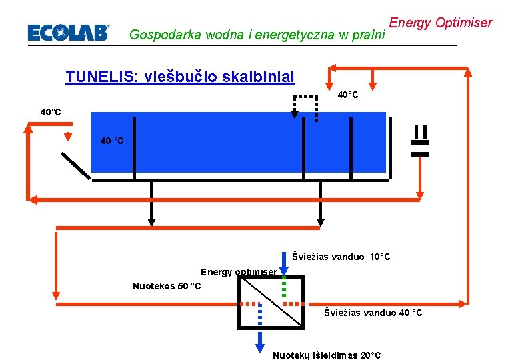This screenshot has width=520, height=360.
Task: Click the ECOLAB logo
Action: point(67,33)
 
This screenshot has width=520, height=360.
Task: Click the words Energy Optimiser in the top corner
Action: point(440,23)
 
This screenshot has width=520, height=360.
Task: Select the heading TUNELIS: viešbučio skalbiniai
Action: point(180,77)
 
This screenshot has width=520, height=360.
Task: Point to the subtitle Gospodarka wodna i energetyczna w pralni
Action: point(257,34)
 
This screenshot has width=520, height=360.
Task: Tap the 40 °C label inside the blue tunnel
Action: point(111,141)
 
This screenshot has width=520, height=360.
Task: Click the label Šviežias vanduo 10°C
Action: point(341,257)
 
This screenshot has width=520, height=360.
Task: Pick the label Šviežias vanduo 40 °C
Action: point(373,313)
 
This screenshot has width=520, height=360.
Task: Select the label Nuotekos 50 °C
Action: point(167,286)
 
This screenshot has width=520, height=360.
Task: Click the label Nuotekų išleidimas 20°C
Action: point(327,355)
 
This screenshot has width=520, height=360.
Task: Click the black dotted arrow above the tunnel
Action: point(295,113)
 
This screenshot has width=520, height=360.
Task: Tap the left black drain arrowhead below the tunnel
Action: point(152,221)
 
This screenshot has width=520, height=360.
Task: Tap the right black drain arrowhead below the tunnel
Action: point(321,221)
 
